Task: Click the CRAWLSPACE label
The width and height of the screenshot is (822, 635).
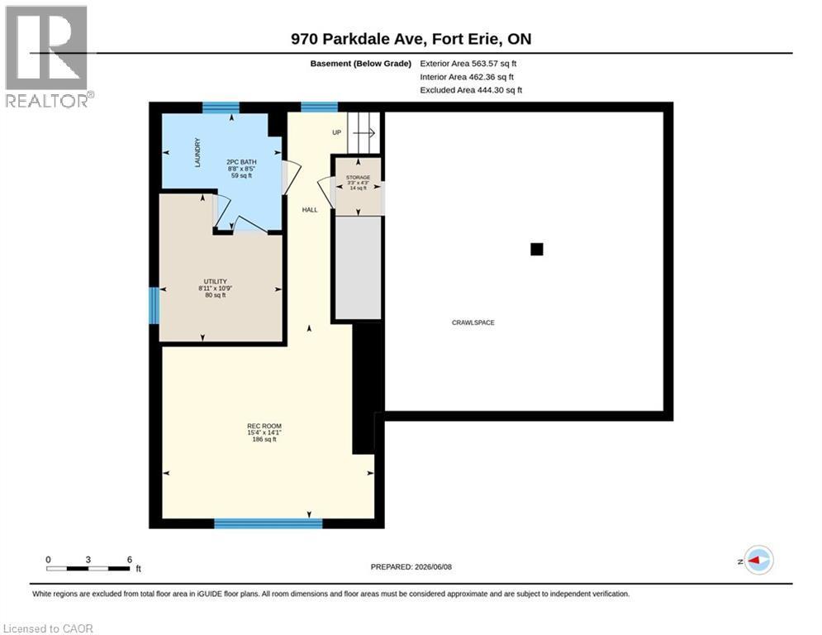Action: pos(473,322)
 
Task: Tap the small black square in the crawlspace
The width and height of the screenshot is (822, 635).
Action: pos(536,249)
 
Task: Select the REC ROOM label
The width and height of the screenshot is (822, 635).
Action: pos(264,426)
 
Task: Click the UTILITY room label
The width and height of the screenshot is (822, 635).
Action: pos(215,282)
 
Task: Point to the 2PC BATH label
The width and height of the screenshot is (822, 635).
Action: pos(241,162)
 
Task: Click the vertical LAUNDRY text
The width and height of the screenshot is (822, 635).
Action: pos(197,153)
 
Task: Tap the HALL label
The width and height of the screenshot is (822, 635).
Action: pos(310,210)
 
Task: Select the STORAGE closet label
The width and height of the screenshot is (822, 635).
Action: pos(358,178)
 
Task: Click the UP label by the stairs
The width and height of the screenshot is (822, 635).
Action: pos(336,132)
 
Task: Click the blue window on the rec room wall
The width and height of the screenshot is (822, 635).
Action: pos(268,523)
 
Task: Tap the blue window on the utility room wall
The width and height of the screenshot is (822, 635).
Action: pos(154,305)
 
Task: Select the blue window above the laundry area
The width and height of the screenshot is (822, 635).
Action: pos(221,107)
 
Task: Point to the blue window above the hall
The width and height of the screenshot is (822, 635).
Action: pos(319,107)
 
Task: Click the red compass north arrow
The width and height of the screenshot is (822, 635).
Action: pos(754,561)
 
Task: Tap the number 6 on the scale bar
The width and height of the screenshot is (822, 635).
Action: pos(130,560)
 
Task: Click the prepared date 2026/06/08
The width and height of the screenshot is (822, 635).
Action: pos(433,566)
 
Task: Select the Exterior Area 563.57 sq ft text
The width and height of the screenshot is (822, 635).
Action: pos(468,64)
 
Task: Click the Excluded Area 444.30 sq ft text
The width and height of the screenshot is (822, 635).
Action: pos(471,90)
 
